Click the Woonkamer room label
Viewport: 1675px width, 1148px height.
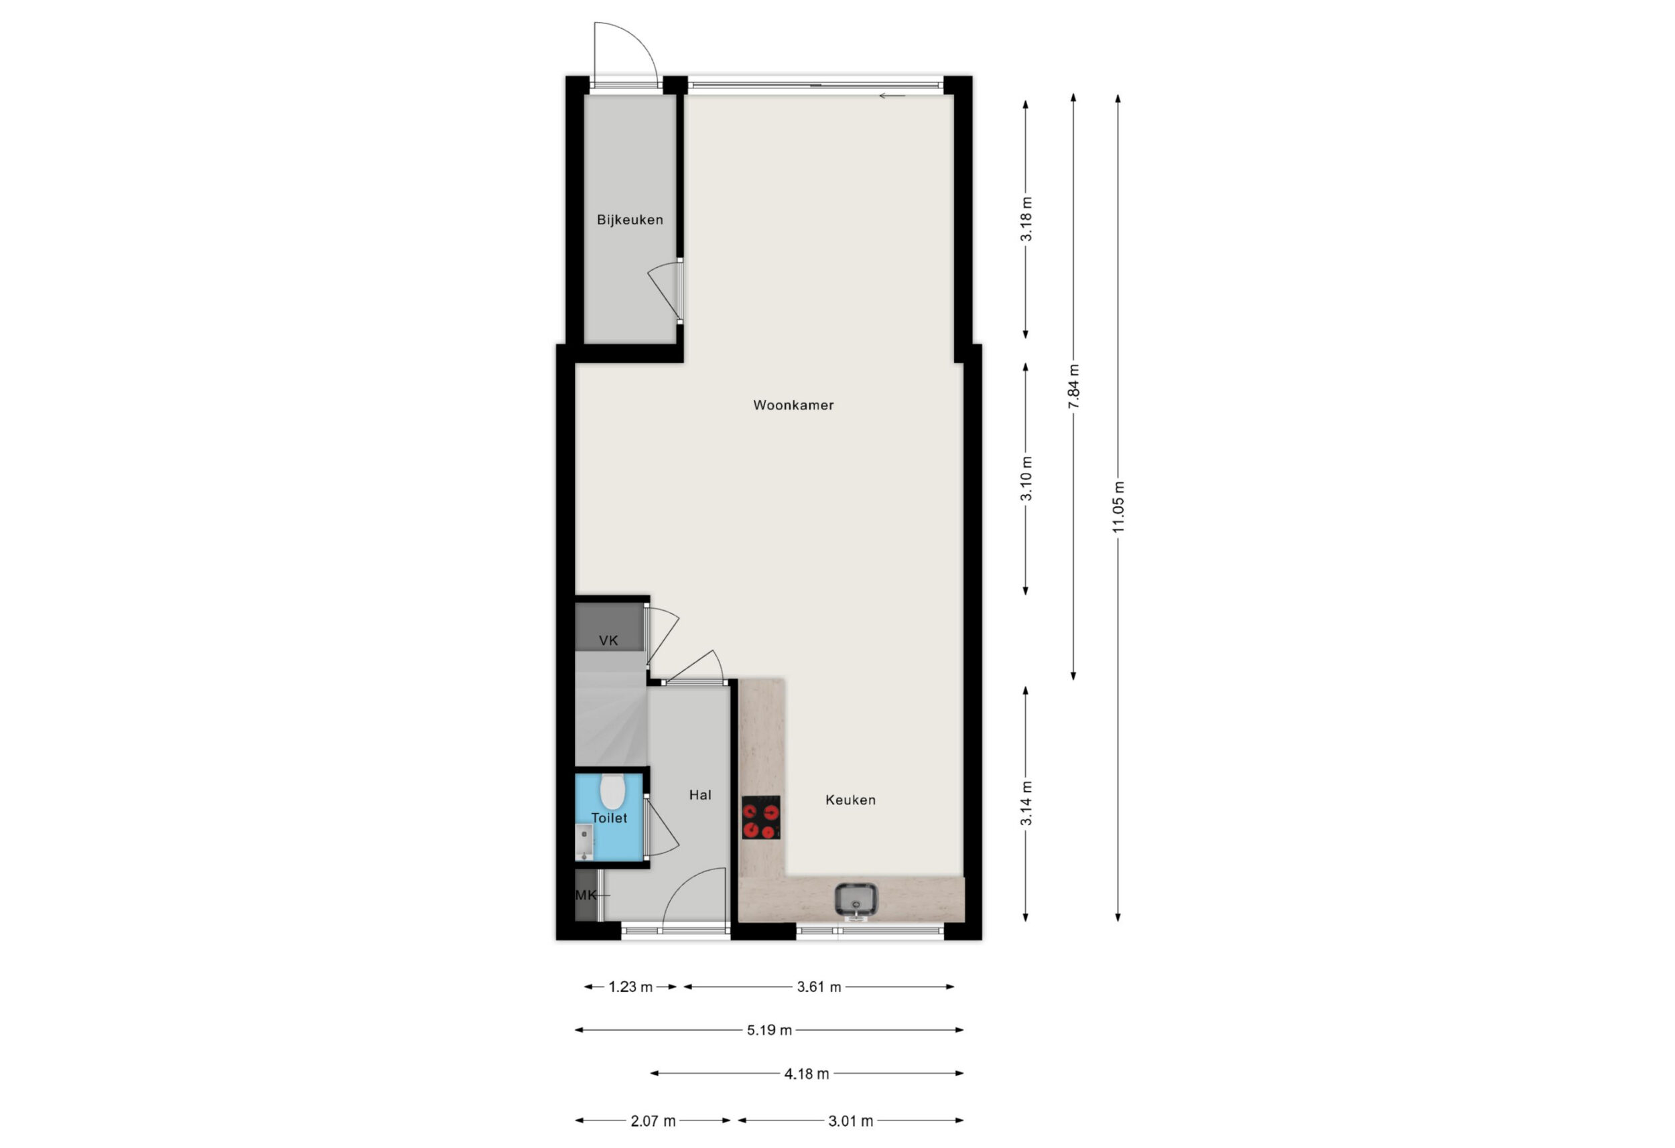pos(793,405)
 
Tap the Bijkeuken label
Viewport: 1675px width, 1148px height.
pos(629,220)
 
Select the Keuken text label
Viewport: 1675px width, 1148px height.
pos(850,800)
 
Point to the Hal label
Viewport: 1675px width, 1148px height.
pos(700,795)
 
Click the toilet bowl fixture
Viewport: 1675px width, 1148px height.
pos(612,791)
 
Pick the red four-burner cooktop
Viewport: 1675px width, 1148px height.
pos(761,817)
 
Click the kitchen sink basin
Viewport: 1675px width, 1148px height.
pos(856,900)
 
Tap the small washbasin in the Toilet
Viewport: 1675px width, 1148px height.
pos(584,842)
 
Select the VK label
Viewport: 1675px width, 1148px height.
pos(608,640)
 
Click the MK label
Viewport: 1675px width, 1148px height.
pos(586,895)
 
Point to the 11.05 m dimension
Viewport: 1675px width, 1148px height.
pos(1118,507)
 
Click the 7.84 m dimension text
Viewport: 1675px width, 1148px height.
pos(1073,386)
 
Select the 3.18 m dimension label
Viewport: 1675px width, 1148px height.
pos(1026,219)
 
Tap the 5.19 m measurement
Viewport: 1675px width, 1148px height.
pos(769,1031)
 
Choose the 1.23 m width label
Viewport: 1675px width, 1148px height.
pos(630,987)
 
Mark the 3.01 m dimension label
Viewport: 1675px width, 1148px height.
pos(850,1121)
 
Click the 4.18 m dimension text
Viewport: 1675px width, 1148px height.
pos(807,1074)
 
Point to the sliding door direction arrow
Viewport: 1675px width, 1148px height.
pos(892,96)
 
